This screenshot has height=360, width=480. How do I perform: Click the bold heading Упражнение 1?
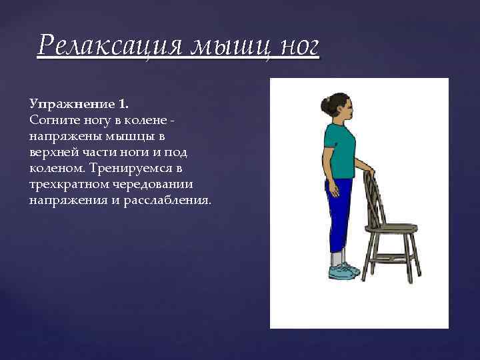tap(79, 104)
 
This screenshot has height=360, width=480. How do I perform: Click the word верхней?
tap(53, 152)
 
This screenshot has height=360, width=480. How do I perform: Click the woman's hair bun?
tap(325, 105)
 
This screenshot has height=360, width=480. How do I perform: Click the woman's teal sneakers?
tap(343, 270)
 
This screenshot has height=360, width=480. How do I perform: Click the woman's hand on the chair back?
tap(369, 172)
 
